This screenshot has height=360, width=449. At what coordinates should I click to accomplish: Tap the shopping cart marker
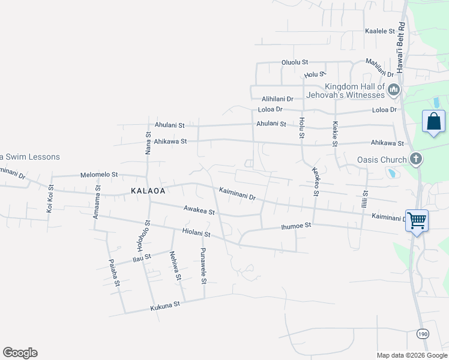(x=416, y=220)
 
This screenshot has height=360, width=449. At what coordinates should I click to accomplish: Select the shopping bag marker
(x=433, y=122)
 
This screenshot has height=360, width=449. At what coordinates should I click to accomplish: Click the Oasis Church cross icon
(x=415, y=160)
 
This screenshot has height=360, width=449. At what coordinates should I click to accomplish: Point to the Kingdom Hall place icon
(x=394, y=91)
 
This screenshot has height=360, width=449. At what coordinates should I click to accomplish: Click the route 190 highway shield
(x=423, y=332)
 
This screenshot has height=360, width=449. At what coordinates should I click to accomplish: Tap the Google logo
(x=20, y=353)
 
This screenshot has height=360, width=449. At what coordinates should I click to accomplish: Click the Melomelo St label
(x=99, y=175)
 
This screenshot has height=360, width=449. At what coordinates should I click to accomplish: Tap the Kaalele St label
(x=380, y=31)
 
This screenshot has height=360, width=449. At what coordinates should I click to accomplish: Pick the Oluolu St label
(x=295, y=62)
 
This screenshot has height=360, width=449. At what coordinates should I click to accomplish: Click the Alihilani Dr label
(x=277, y=98)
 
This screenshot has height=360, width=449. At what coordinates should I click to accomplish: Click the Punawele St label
(x=203, y=265)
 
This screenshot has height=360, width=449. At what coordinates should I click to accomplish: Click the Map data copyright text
(x=412, y=355)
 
